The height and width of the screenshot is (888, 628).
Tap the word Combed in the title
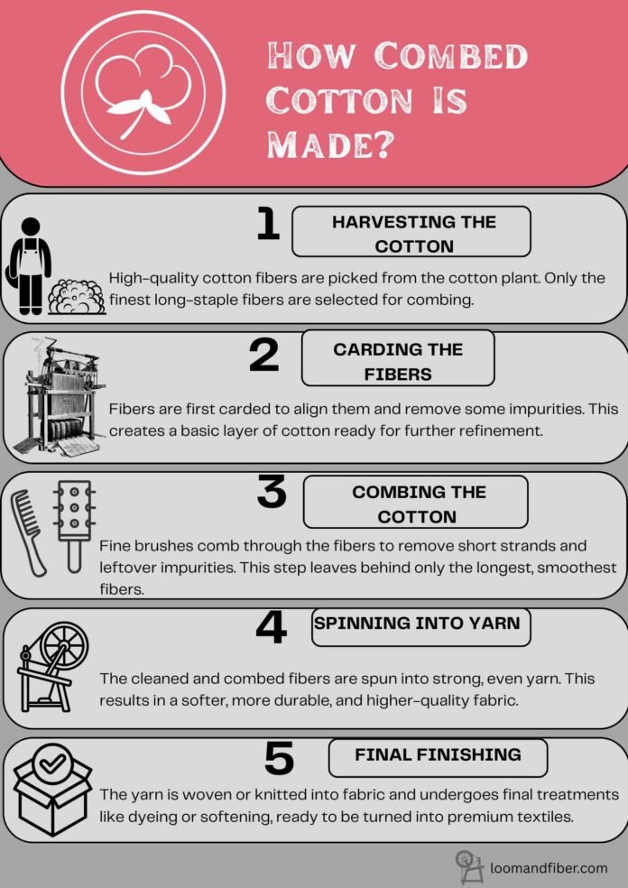pyautogui.click(x=452, y=57)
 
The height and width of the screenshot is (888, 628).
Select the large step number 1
pyautogui.click(x=267, y=224)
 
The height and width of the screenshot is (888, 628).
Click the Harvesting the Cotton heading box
pyautogui.click(x=411, y=233)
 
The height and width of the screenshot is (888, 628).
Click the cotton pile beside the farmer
pyautogui.click(x=76, y=296)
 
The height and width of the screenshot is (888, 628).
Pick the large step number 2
pyautogui.click(x=263, y=356)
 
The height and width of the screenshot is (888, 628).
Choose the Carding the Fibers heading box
pyautogui.click(x=398, y=361)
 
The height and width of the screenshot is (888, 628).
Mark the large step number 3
pyautogui.click(x=272, y=493)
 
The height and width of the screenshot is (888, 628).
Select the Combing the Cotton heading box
pyautogui.click(x=415, y=504)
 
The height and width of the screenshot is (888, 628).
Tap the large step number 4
pyautogui.click(x=271, y=626)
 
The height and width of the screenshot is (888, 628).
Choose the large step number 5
pyautogui.click(x=279, y=758)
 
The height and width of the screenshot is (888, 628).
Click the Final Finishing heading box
pyautogui.click(x=438, y=756)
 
